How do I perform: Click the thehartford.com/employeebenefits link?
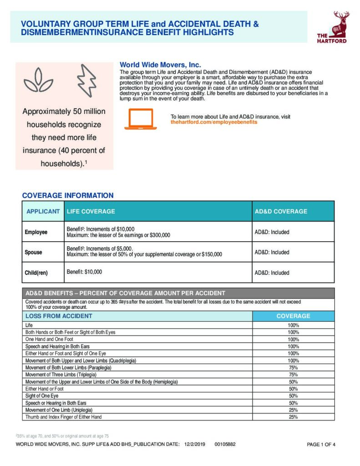click(x=214, y=122)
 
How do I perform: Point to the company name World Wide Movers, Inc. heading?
click(x=160, y=65)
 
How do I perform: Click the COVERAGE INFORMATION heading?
click(x=68, y=196)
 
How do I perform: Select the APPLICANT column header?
click(x=43, y=212)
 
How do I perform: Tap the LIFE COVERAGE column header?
click(x=91, y=212)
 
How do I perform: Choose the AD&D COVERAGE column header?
click(x=281, y=212)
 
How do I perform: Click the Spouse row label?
click(x=33, y=252)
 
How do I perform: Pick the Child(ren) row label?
click(x=36, y=273)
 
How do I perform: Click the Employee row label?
click(x=36, y=232)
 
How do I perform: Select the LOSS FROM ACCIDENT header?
click(x=59, y=316)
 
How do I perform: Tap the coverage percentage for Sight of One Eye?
click(x=293, y=396)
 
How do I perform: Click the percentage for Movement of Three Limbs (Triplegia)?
click(x=293, y=375)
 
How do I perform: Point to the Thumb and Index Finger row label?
click(x=64, y=417)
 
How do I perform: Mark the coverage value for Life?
click(x=293, y=325)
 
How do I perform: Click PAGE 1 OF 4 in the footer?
click(x=321, y=445)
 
